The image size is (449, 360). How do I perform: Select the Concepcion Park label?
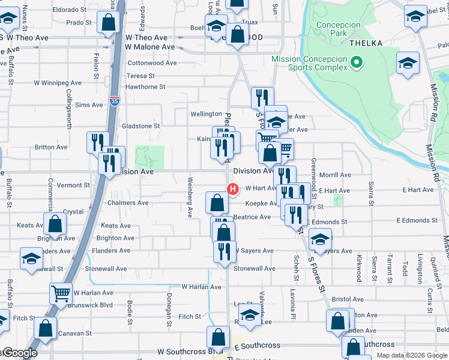pos(339,29)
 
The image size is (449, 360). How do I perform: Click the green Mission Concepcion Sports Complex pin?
pos(357,62)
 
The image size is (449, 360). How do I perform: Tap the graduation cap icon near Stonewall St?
pos(31,259)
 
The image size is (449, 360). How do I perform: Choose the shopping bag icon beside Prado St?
pos(109,23)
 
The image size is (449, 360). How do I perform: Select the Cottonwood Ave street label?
pos(152,62)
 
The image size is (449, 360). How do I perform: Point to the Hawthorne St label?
pos(145,87)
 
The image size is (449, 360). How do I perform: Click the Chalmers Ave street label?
pos(127,203)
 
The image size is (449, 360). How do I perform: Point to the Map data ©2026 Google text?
pos(411,355)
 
